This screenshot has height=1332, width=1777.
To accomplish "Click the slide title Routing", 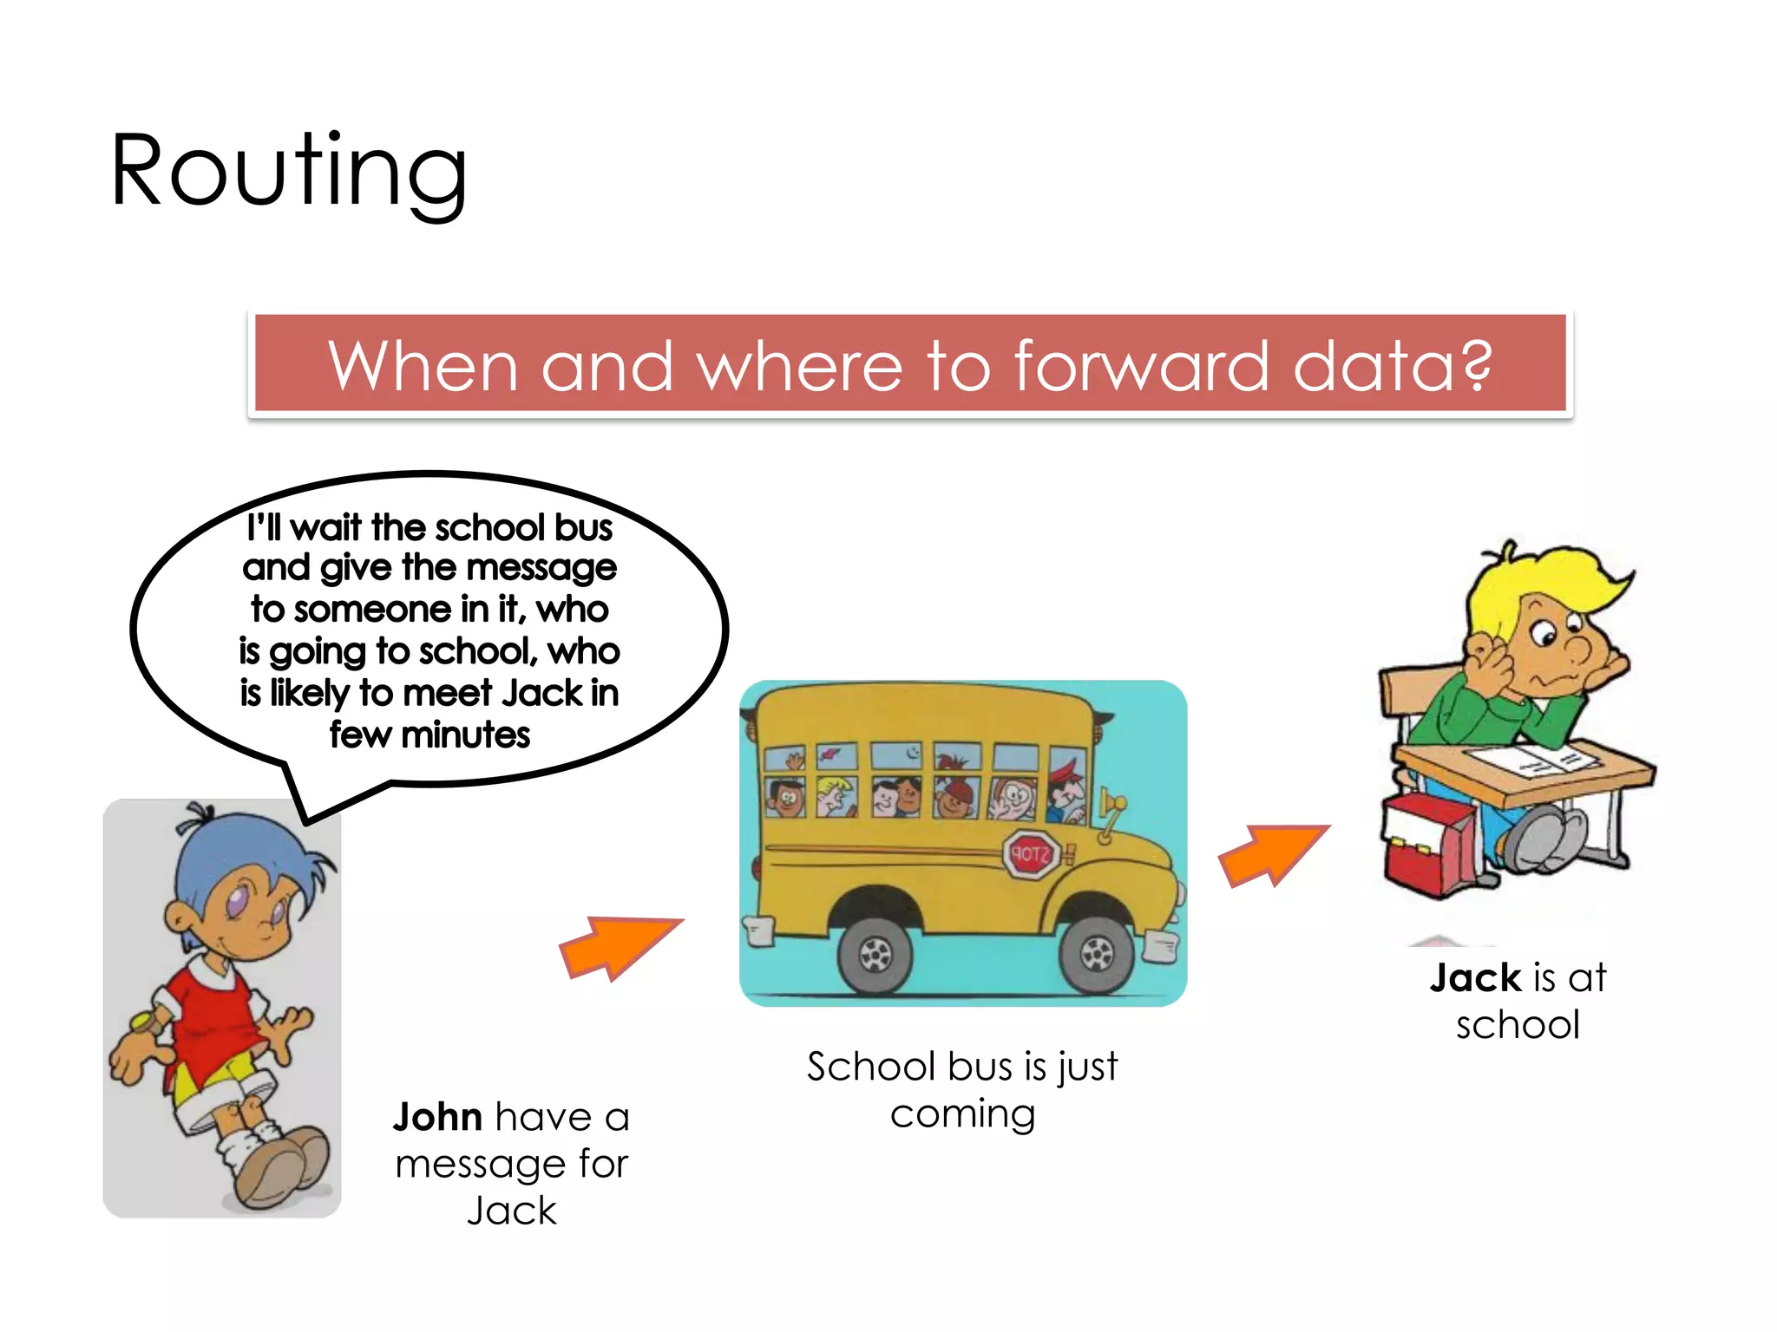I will click(289, 171).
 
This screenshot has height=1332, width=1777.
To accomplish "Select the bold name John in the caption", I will click(437, 1117).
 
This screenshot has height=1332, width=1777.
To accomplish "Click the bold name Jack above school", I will click(1475, 978).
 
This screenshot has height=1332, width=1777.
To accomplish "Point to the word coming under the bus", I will click(962, 1114).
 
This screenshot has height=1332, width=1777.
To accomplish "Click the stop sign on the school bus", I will click(1031, 853).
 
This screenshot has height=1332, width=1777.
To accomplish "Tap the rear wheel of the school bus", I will click(875, 954).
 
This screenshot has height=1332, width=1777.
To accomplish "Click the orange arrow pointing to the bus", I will click(619, 946).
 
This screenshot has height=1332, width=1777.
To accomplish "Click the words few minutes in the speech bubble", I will click(429, 735).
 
